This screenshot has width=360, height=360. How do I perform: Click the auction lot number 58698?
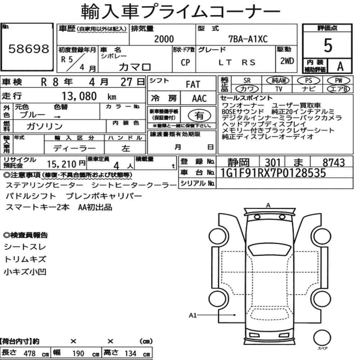click(29, 49)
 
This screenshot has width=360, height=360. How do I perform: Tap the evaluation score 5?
click(328, 45)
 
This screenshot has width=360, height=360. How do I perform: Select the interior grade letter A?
click(340, 67)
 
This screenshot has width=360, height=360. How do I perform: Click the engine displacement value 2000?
click(164, 39)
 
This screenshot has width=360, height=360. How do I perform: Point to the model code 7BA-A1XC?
click(248, 39)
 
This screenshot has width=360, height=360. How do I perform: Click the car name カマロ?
click(135, 67)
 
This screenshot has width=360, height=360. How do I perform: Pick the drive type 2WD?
click(287, 61)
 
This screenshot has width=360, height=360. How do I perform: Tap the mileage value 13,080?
click(79, 96)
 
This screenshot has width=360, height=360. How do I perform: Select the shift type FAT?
click(193, 85)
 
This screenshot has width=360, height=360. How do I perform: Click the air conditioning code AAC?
click(199, 99)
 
